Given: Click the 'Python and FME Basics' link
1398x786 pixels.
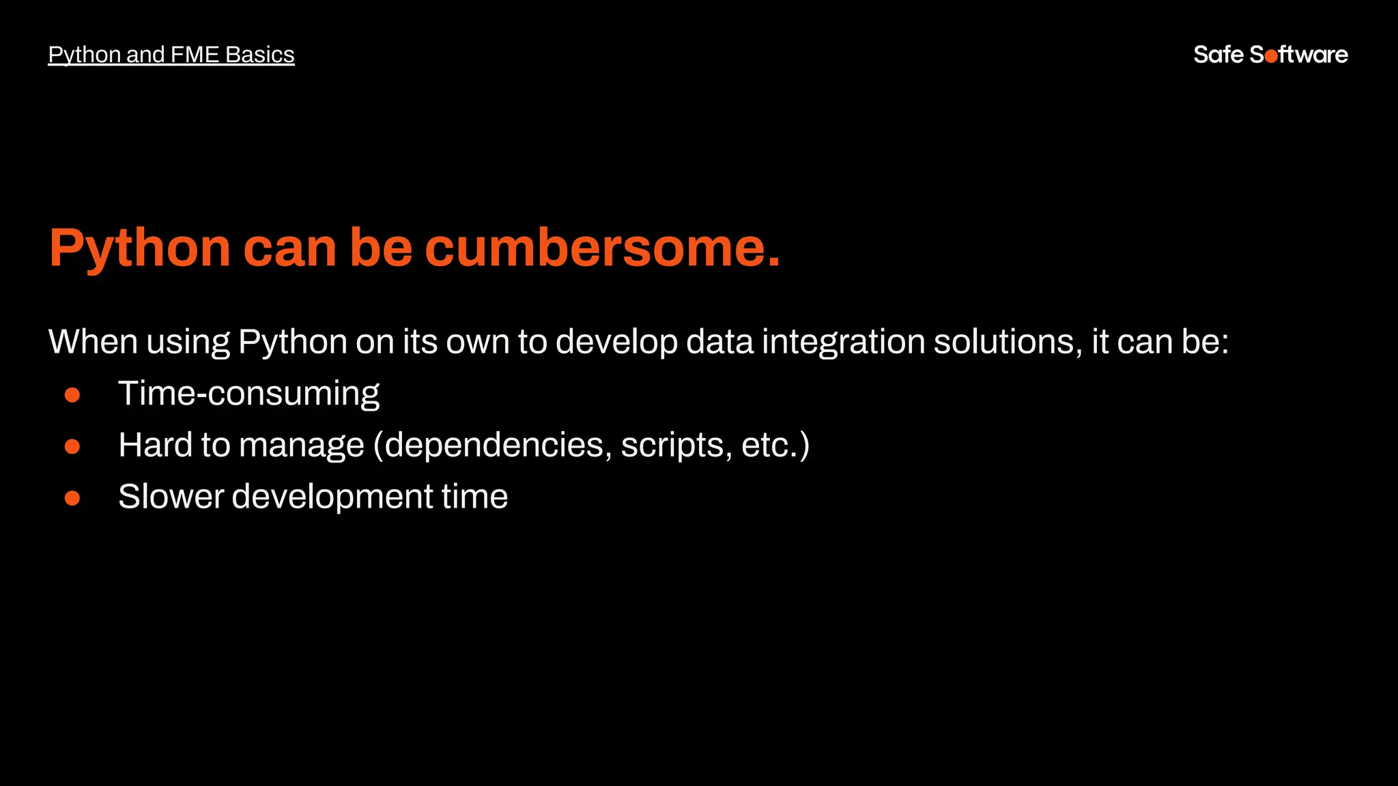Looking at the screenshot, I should point(171,55).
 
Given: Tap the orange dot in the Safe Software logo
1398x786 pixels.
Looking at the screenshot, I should point(1271,57).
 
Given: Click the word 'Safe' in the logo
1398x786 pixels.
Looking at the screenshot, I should point(1218,55).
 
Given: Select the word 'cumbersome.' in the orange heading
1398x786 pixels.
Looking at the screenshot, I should point(602,247).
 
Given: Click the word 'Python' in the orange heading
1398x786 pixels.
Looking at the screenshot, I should point(140,248).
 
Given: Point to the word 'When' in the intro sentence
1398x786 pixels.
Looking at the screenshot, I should point(93,341).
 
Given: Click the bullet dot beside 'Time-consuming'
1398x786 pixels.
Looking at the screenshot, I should point(72,395).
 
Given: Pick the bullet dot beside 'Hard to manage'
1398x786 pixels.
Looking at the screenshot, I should point(72,446).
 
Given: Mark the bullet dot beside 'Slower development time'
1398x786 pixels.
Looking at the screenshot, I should point(72,498).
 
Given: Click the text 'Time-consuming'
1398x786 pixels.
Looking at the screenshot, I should point(248,394).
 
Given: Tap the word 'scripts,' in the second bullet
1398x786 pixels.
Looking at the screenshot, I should point(676,446).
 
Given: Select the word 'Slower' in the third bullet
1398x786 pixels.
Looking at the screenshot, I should point(171,497).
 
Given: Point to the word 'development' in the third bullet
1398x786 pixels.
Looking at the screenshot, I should point(332,497).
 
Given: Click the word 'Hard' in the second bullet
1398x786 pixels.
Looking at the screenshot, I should point(155,445).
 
